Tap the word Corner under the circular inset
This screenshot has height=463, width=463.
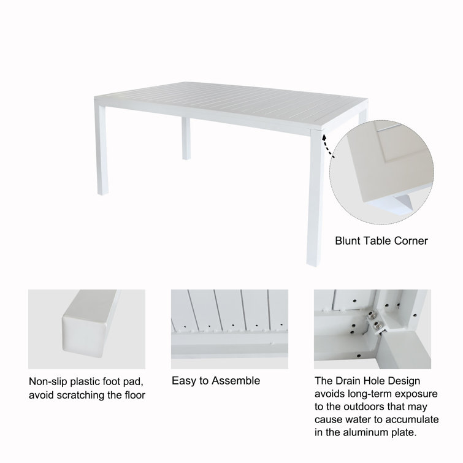click(410, 241)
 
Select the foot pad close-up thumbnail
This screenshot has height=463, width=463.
click(86, 325)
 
